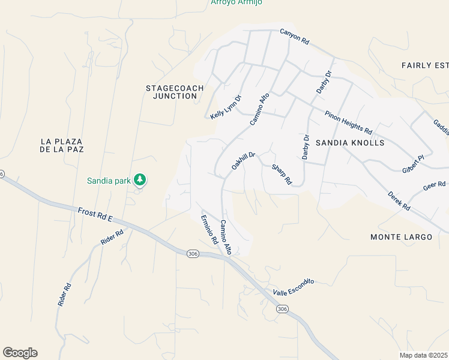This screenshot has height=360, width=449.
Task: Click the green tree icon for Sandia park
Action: coord(140,179)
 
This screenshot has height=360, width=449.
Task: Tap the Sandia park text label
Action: coord(110,180)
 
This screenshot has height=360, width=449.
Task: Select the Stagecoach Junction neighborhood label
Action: coord(175,92)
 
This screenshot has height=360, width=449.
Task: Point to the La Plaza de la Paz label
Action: coord(61,145)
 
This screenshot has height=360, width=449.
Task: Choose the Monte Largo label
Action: coord(401,237)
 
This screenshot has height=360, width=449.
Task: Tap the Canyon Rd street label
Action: coord(294,37)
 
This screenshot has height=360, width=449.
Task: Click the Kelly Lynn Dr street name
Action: coord(226,107)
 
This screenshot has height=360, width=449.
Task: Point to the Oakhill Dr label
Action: coord(244,161)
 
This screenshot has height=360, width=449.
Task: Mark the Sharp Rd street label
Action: coord(282,175)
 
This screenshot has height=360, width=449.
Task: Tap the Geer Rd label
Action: coord(434,186)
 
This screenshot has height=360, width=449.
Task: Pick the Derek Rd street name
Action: coord(399,200)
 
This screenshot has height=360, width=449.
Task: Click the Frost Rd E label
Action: coord(95,215)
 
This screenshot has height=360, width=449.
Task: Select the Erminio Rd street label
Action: coord(209,230)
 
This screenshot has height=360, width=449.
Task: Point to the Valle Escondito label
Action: coord(294,286)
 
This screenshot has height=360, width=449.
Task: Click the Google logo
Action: coord(20,353)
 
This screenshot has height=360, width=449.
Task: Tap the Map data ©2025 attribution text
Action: coord(424,355)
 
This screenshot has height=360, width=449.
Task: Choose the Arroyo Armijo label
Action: coord(236,2)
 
